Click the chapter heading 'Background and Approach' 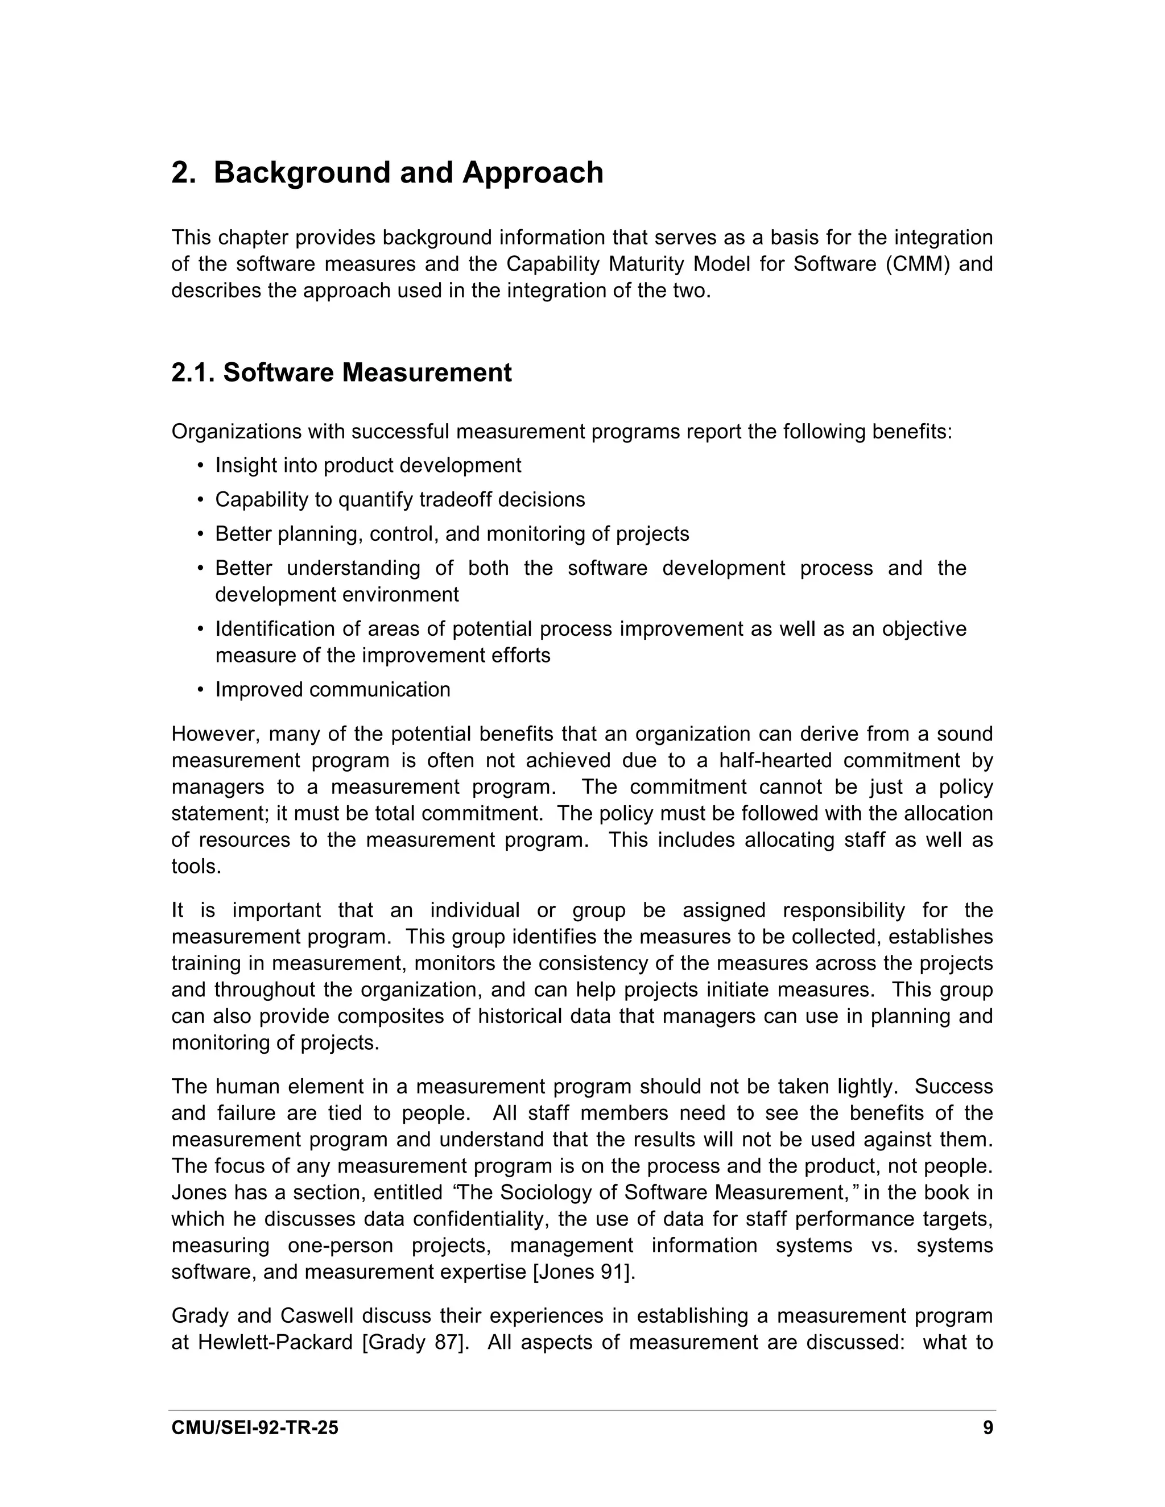click(x=408, y=172)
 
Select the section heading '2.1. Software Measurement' click(x=342, y=372)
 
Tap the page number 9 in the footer click(x=988, y=1427)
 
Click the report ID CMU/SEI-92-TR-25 click(x=255, y=1427)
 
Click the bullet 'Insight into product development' click(x=368, y=466)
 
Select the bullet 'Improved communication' click(x=333, y=689)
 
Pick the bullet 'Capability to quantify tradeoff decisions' click(x=399, y=499)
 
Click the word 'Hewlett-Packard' click(x=275, y=1343)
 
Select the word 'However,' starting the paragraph click(x=210, y=734)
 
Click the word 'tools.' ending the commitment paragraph click(x=196, y=867)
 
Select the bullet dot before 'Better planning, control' click(x=201, y=535)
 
